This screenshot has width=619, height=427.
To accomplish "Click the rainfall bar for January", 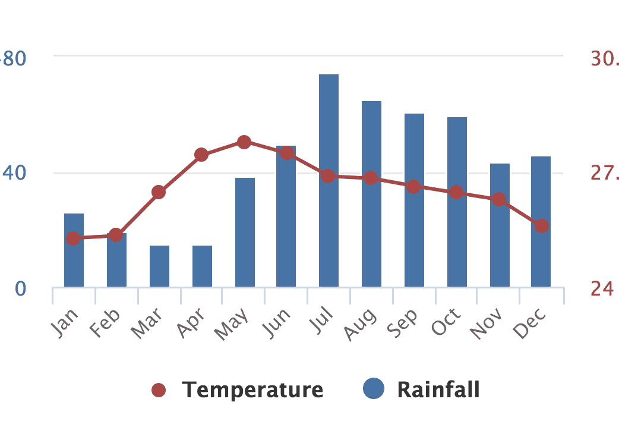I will click(74, 262).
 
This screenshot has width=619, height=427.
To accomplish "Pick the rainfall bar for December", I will click(541, 256).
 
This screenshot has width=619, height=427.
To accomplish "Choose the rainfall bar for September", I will click(414, 238).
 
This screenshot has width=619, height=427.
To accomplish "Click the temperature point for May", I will click(244, 142).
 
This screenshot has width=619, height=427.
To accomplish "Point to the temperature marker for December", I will click(541, 226).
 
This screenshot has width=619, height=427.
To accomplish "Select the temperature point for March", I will click(159, 192).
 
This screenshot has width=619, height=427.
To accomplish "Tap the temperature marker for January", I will click(73, 238).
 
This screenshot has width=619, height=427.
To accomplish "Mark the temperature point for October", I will click(456, 192).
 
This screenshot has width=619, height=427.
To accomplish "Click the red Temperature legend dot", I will click(159, 390).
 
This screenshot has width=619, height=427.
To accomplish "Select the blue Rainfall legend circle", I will click(374, 389).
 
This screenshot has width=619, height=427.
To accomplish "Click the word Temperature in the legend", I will click(252, 390).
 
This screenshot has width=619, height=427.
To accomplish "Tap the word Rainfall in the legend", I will click(438, 390).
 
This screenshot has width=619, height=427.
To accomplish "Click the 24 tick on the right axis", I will click(602, 288).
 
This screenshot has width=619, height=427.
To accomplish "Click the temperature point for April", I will click(201, 155).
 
